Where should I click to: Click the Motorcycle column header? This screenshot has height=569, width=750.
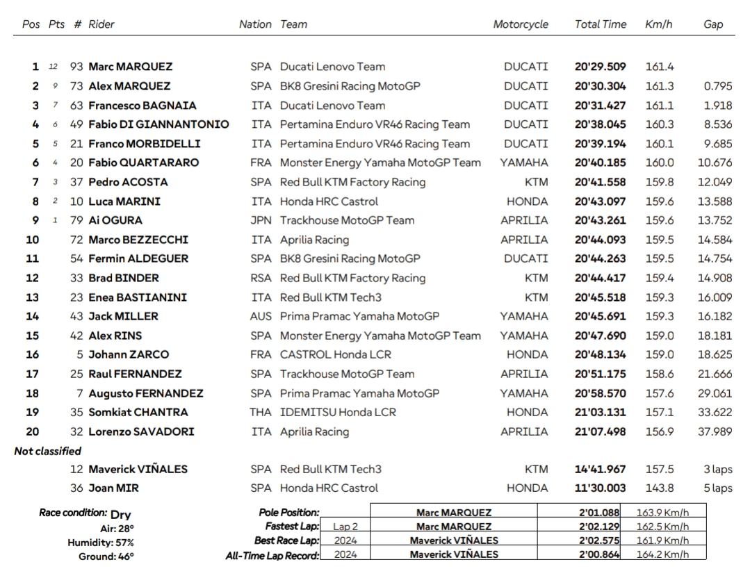521,24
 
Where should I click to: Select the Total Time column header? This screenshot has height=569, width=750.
600,24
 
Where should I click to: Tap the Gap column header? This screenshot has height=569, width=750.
713,24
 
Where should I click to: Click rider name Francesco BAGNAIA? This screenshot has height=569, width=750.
142,106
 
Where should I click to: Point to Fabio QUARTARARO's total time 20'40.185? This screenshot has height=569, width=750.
600,163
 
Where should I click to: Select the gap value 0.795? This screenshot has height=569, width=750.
717,86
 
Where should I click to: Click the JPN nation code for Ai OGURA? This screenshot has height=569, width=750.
261,220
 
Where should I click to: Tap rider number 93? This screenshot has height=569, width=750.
76,67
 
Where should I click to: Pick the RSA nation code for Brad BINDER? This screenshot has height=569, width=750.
261,278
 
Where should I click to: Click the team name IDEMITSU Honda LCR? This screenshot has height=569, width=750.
338,412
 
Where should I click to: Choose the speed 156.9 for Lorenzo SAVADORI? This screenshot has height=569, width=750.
659,431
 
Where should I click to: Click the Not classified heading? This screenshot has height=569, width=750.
48,451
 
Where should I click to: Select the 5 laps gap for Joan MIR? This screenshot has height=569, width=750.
717,488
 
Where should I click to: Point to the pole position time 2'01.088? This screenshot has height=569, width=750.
600,513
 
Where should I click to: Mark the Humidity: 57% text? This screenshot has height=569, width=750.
101,543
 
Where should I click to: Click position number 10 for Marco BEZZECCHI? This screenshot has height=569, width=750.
32,240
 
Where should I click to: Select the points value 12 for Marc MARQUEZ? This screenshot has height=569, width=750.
54,67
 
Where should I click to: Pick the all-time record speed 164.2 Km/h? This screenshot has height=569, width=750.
662,555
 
